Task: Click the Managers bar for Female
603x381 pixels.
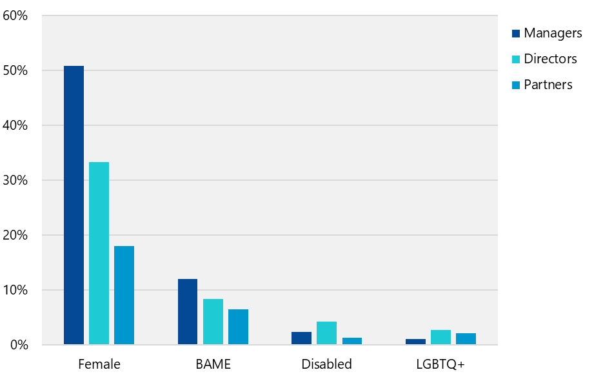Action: (x=74, y=205)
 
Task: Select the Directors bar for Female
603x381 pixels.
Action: (x=99, y=253)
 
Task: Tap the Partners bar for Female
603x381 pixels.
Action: (x=124, y=295)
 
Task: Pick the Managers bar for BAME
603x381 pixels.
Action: (x=188, y=312)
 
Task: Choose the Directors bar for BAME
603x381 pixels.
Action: (x=213, y=322)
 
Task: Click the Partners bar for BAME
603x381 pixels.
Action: (x=238, y=327)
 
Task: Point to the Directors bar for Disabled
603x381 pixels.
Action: (x=326, y=333)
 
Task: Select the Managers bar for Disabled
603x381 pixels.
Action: (x=301, y=338)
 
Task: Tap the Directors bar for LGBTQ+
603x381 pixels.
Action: (x=440, y=337)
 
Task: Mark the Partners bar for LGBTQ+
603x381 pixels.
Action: (x=466, y=339)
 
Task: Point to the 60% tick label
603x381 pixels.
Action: (x=15, y=15)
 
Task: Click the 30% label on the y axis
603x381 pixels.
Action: (x=15, y=180)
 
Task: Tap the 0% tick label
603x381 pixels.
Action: (x=19, y=345)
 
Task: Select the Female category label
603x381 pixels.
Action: (x=99, y=364)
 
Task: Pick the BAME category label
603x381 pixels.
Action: (x=213, y=364)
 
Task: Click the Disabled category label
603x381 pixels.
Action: (x=327, y=364)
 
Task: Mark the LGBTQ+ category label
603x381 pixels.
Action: (x=440, y=364)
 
